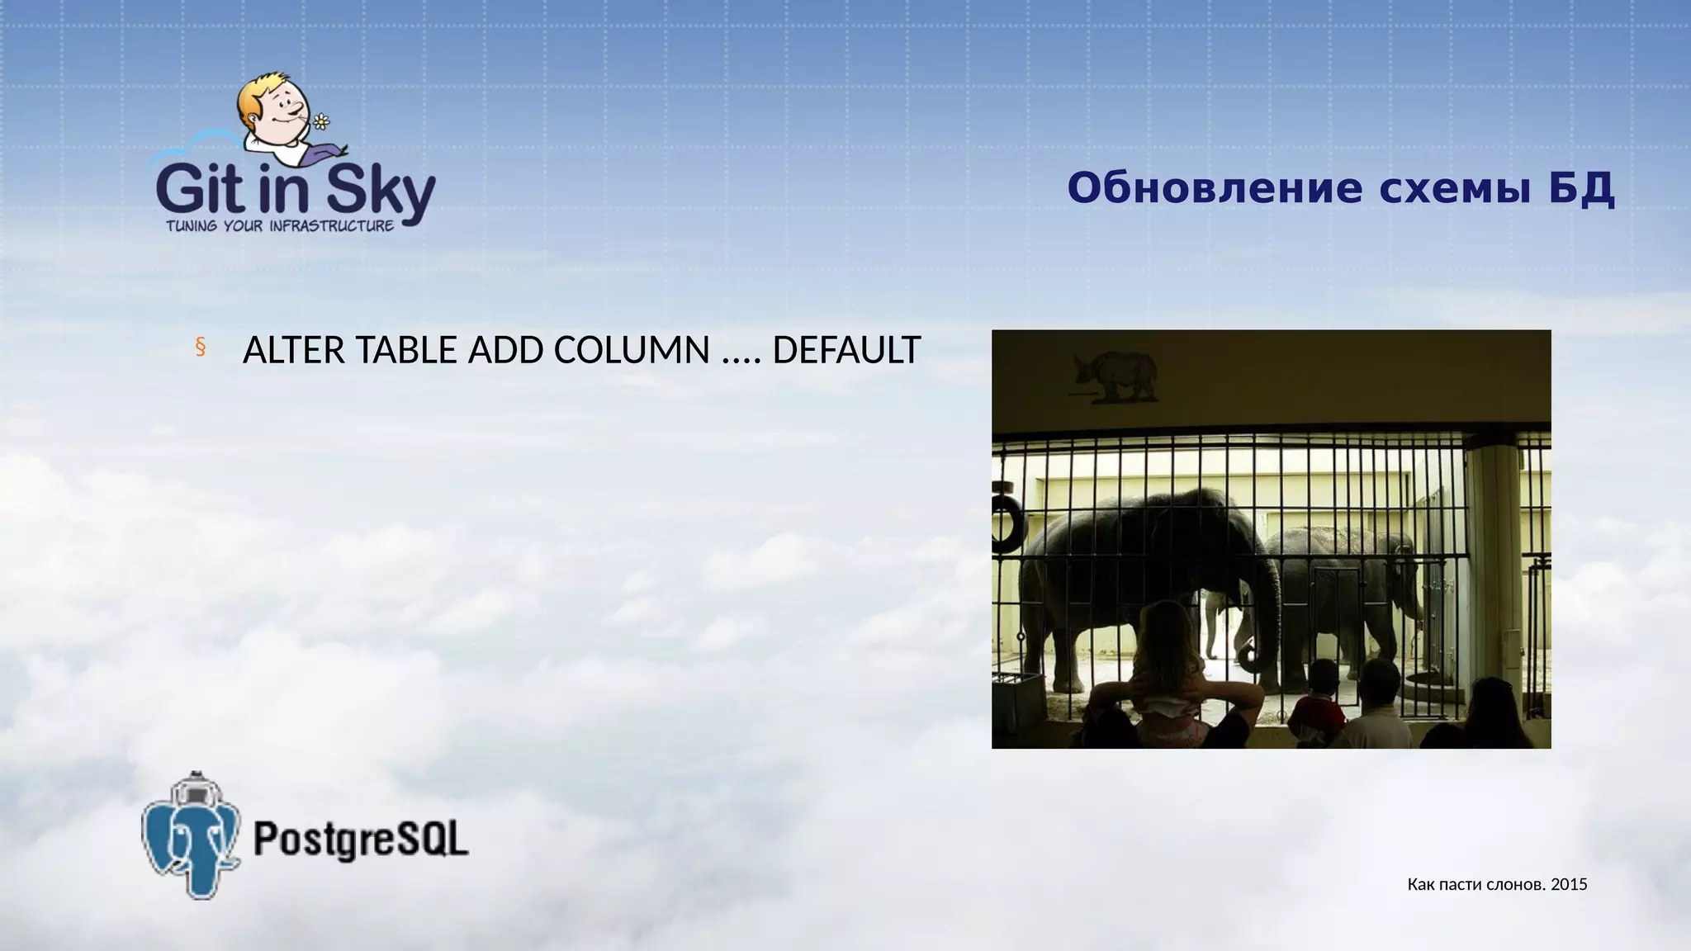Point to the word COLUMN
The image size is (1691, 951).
click(x=631, y=351)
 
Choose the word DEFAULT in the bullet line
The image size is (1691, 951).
click(x=845, y=351)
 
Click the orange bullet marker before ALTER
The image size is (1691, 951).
click(x=200, y=348)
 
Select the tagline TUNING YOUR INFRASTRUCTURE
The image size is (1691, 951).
click(x=280, y=226)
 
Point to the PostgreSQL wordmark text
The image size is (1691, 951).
click(x=361, y=840)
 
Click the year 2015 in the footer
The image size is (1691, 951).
click(x=1569, y=885)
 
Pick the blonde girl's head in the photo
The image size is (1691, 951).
click(x=1167, y=632)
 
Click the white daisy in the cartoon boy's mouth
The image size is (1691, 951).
click(x=321, y=122)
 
